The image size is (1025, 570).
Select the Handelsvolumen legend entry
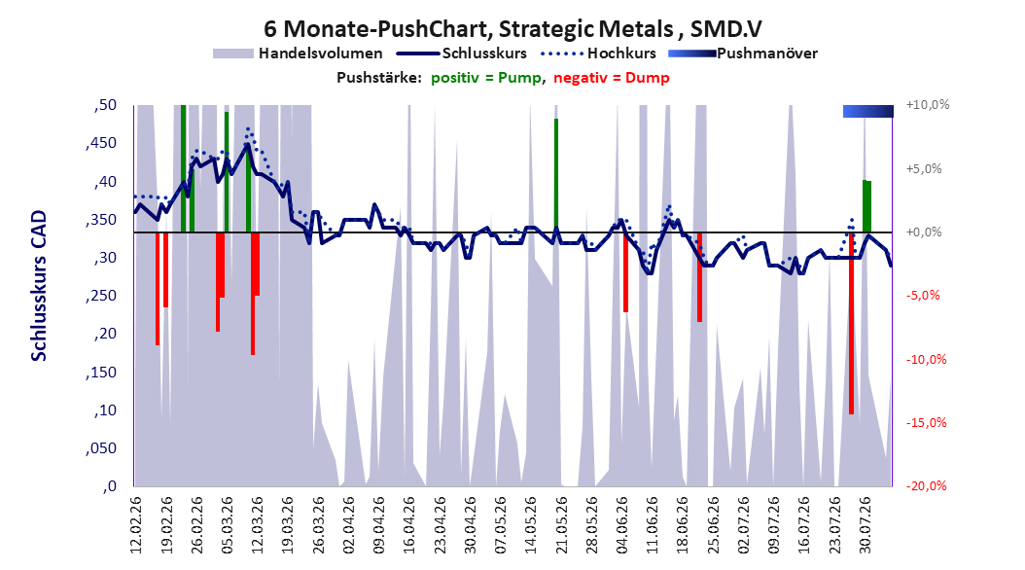[298, 53]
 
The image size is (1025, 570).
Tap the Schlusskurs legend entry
[462, 53]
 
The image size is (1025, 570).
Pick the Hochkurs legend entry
[598, 53]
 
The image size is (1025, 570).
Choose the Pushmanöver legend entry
[743, 53]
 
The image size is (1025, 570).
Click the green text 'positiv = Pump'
[486, 78]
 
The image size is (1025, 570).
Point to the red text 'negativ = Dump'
[612, 78]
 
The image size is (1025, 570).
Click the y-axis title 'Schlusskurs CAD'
[39, 286]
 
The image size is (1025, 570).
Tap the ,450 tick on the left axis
[101, 143]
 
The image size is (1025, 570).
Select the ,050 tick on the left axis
[101, 448]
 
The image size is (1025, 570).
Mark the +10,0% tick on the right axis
[928, 105]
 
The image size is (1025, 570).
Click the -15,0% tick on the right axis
[926, 423]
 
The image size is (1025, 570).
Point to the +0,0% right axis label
[924, 232]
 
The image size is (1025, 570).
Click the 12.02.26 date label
[136, 525]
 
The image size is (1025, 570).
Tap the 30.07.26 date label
[866, 525]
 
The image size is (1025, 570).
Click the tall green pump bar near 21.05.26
[556, 175]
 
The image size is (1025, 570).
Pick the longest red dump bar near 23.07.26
[851, 323]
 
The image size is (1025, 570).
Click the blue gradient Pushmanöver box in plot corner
[868, 111]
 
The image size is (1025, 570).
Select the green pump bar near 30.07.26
[866, 206]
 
